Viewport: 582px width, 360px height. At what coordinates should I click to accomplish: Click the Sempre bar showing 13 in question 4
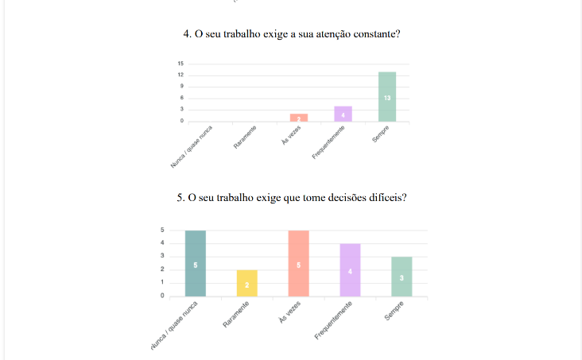click(x=387, y=96)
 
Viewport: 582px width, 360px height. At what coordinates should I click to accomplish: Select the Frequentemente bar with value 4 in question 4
click(x=343, y=114)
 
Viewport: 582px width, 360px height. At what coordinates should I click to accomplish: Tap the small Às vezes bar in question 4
click(x=298, y=118)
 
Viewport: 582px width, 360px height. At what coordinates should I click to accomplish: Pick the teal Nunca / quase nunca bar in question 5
click(x=195, y=263)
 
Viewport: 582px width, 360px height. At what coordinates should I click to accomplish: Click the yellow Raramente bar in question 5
click(x=246, y=283)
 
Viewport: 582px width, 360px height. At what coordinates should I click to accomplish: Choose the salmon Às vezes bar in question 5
click(x=298, y=263)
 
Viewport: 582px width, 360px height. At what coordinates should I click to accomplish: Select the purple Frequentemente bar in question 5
click(x=350, y=269)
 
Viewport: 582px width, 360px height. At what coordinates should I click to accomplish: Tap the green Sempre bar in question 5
click(x=402, y=276)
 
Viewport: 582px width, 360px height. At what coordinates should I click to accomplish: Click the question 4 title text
click(x=290, y=35)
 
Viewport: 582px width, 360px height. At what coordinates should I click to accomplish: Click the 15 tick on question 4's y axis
click(x=180, y=64)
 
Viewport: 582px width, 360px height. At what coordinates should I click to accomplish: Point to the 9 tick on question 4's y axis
click(x=181, y=86)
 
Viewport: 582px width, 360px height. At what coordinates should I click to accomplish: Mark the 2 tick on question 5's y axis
click(x=163, y=269)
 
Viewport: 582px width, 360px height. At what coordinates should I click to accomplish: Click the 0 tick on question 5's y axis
click(x=163, y=296)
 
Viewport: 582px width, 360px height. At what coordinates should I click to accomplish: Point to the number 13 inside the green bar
click(x=387, y=97)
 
